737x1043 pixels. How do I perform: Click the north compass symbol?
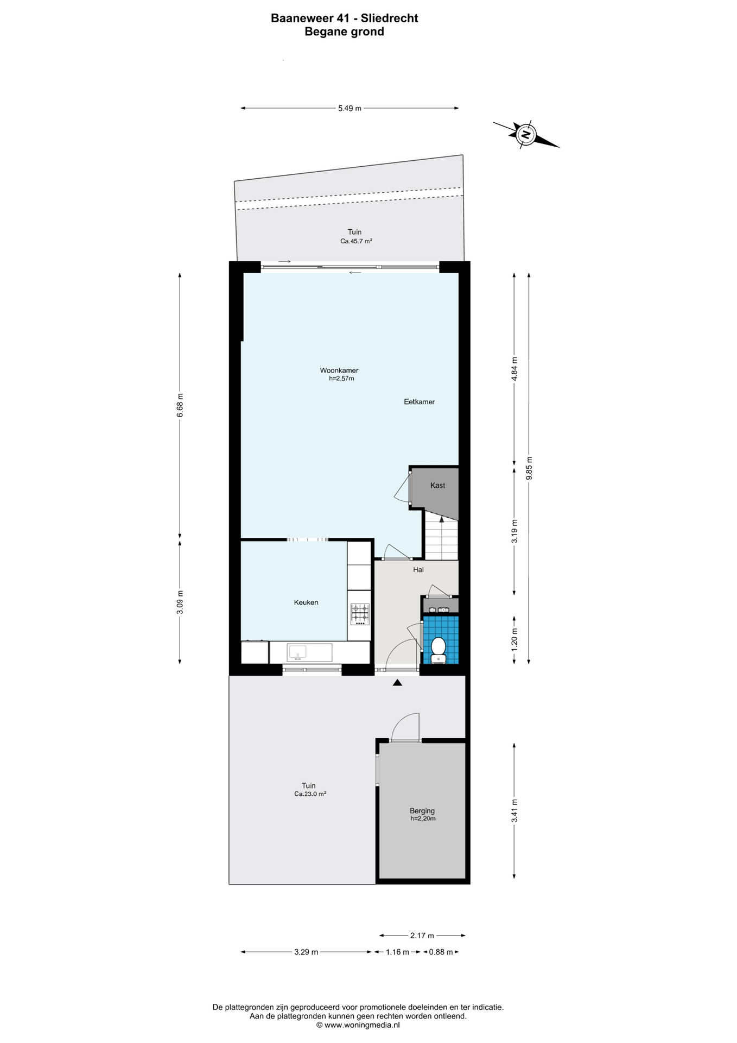pos(526,134)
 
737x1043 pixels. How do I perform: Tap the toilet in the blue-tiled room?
pos(439,650)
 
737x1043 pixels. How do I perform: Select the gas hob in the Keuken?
pos(359,614)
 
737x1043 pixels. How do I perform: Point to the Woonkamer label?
pos(339,370)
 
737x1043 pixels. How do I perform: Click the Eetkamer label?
pos(420,402)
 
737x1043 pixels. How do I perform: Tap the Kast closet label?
pos(437,485)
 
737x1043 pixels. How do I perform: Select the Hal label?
pos(418,569)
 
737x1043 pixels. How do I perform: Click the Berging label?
pos(422,810)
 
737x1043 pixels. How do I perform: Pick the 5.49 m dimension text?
pos(350,108)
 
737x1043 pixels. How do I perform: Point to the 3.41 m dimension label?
pos(514,810)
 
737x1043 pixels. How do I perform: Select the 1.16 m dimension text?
pos(397,952)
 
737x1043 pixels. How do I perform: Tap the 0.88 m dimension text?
pos(441,952)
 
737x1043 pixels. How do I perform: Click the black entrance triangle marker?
pos(397,683)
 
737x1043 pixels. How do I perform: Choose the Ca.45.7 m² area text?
pos(356,241)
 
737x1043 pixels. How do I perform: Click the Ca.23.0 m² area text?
pos(310,794)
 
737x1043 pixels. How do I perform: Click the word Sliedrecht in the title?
pos(389,18)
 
